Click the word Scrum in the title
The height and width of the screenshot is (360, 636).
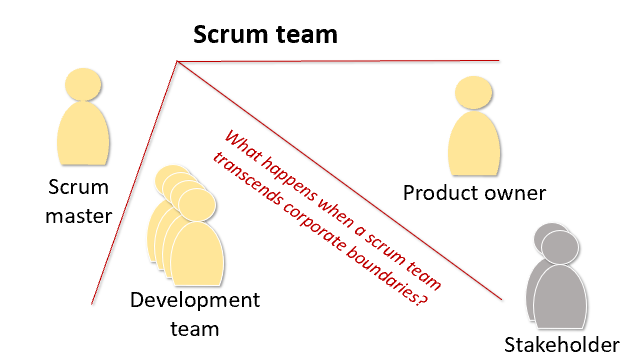(x=229, y=34)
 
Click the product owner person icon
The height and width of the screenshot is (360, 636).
(x=474, y=130)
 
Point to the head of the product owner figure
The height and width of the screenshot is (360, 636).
(x=473, y=95)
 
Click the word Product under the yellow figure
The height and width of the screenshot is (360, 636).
(x=438, y=193)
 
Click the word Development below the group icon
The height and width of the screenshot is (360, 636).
(x=195, y=300)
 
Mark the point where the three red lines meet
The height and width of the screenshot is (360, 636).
(x=177, y=61)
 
